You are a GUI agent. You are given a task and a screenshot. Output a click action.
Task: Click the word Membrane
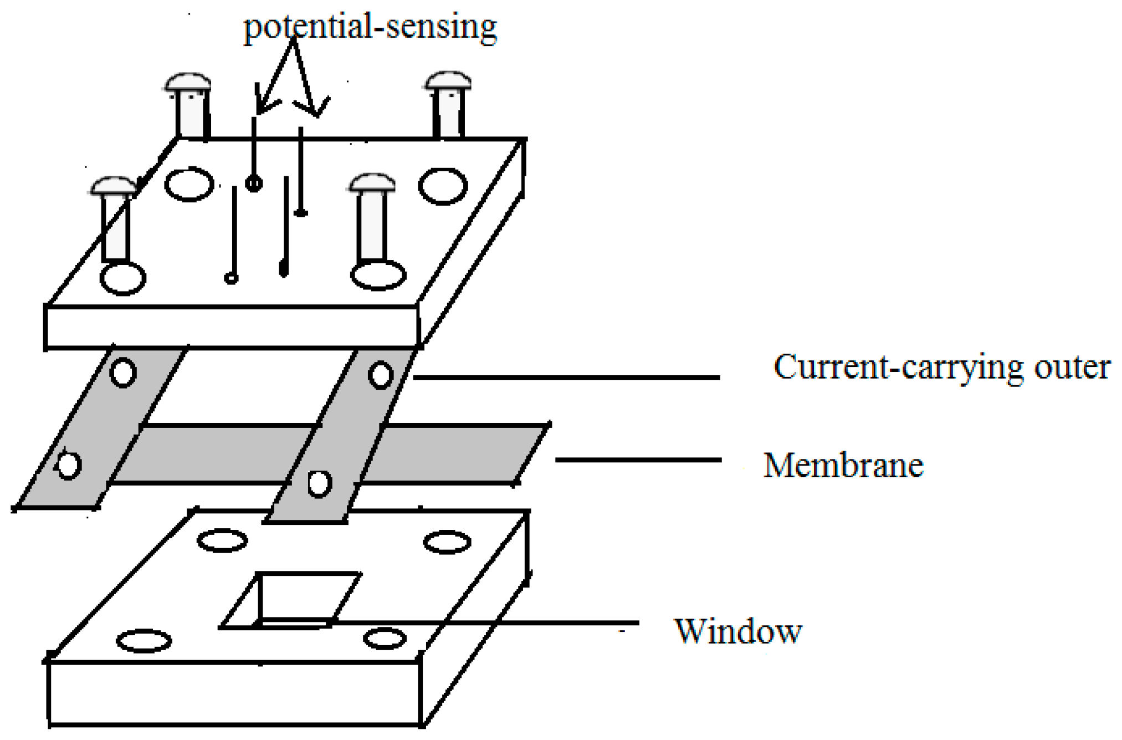pos(843,465)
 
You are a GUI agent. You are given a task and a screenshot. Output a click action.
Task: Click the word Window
pos(737,631)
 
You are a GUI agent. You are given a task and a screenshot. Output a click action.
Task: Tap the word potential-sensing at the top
pos(370,26)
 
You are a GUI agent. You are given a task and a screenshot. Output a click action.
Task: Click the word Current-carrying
pos(898,368)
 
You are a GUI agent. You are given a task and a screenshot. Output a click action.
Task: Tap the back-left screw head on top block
pos(188,83)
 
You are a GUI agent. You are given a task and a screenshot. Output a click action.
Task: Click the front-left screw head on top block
pos(114,186)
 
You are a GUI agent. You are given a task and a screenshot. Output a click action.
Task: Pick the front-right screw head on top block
pos(372,183)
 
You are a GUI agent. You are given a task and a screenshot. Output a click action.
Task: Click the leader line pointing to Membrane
pos(637,460)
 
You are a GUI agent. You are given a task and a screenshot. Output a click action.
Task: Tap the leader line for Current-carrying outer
pos(565,377)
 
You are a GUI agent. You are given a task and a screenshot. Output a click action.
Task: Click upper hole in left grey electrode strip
pos(123,372)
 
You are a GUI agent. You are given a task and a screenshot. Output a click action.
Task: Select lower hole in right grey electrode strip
pos(320,483)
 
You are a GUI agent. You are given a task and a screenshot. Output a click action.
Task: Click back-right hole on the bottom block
pos(447,542)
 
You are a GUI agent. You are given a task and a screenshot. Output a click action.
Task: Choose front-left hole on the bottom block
pos(144,641)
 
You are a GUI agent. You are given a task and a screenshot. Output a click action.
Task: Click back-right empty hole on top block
pos(442,187)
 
